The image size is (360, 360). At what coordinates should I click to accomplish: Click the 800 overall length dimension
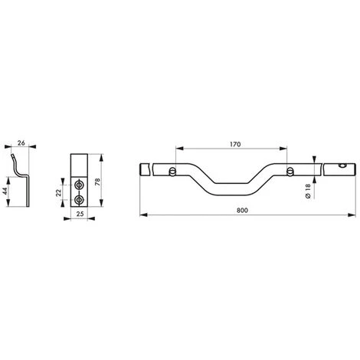(x=242, y=211)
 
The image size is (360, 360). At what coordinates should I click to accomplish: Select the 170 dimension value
(x=235, y=145)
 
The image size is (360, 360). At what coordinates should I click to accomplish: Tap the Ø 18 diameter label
(x=308, y=191)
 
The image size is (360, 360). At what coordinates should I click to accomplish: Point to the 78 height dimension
(x=97, y=182)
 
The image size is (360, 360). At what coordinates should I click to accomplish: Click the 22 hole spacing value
(x=59, y=192)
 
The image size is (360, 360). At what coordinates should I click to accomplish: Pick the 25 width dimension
(x=80, y=214)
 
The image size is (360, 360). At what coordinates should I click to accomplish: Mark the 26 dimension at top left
(x=21, y=142)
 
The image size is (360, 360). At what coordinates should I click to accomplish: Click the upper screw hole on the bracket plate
(x=79, y=185)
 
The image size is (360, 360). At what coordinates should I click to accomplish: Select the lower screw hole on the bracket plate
(x=79, y=200)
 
